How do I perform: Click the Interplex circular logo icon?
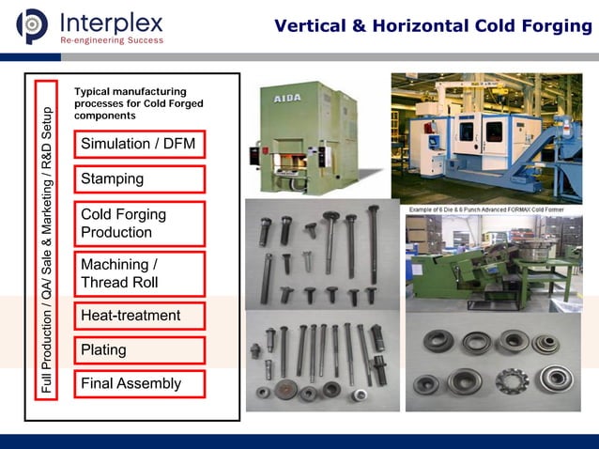tap(32, 26)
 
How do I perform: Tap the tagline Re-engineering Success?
tap(111, 40)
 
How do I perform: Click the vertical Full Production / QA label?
tap(46, 240)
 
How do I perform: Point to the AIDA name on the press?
tap(287, 97)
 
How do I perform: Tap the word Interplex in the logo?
tap(111, 21)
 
